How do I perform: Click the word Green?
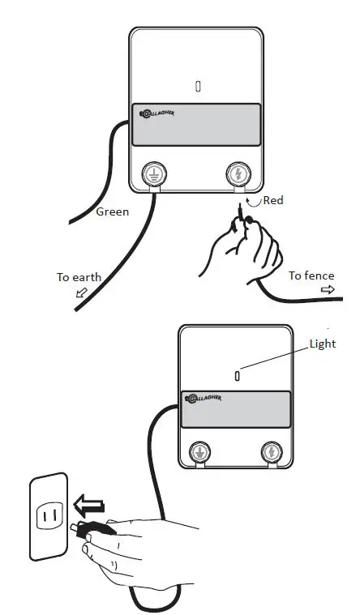click(x=113, y=212)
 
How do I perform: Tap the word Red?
click(x=273, y=200)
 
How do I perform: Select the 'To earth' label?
click(x=79, y=278)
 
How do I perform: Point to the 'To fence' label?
click(x=311, y=276)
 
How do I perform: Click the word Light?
click(x=322, y=344)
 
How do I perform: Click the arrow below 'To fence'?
click(x=328, y=290)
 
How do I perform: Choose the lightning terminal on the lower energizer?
click(x=270, y=451)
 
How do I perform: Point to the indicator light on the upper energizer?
click(x=198, y=86)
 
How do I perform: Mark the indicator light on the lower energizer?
click(x=236, y=375)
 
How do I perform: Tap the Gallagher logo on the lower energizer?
click(x=204, y=398)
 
